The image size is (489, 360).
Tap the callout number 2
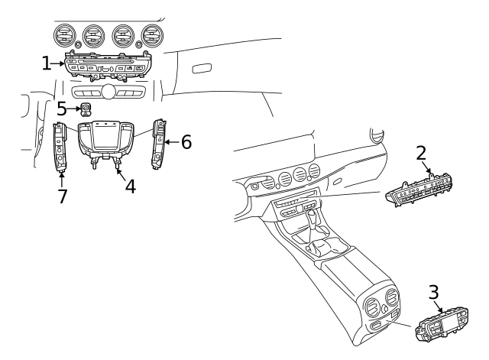(421, 152)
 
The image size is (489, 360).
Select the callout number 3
(432, 292)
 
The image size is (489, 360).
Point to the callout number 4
(130, 185)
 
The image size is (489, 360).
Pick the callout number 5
(62, 109)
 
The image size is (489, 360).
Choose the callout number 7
(62, 196)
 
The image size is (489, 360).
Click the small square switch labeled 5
(87, 109)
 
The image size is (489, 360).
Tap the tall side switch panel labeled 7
(61, 147)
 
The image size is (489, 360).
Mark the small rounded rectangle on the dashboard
(202, 69)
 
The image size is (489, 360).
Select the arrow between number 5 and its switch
(74, 109)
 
